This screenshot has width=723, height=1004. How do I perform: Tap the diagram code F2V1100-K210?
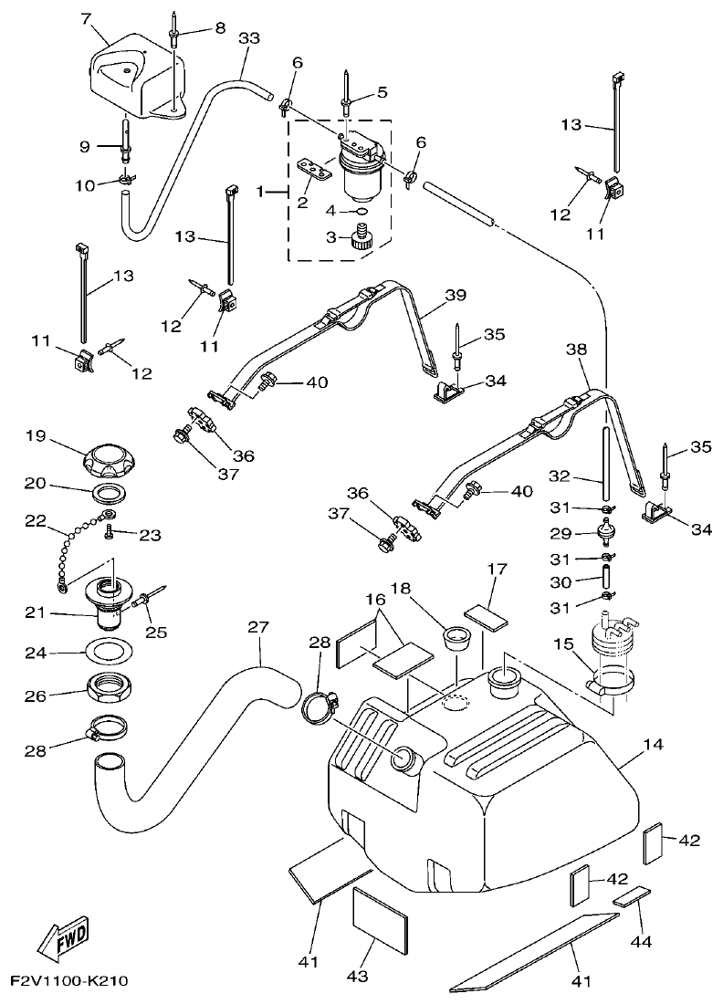[x=68, y=982]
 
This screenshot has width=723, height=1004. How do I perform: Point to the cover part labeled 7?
[x=128, y=73]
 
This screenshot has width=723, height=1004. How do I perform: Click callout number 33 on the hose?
[x=248, y=38]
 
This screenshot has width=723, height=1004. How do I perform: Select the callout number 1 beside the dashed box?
[x=260, y=193]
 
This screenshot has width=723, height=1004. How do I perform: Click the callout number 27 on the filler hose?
[x=258, y=628]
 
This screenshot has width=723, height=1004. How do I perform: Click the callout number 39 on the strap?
[x=456, y=296]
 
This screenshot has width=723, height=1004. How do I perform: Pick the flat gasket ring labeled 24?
[x=108, y=654]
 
